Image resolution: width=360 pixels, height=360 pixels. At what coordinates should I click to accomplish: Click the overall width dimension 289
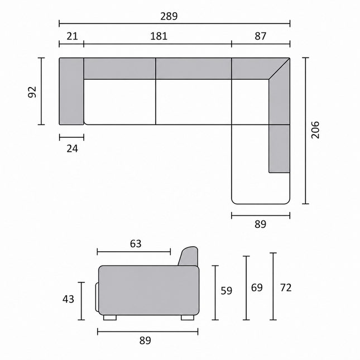(169, 16)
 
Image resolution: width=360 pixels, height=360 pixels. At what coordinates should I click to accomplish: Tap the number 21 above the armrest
(73, 36)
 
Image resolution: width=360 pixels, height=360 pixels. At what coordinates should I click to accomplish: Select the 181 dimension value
(159, 36)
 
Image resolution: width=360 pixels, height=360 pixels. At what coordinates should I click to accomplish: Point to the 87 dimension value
(260, 36)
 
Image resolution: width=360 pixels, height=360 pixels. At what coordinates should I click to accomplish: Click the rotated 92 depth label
(32, 92)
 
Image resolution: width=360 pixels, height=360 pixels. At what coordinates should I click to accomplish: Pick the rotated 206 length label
(315, 130)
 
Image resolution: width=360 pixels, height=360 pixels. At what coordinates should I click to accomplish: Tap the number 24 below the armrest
(73, 149)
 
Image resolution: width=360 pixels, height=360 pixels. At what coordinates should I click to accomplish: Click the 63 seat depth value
(136, 243)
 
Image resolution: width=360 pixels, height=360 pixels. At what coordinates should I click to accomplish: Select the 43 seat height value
(68, 299)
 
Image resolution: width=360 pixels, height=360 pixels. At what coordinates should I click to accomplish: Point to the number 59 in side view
(227, 291)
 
